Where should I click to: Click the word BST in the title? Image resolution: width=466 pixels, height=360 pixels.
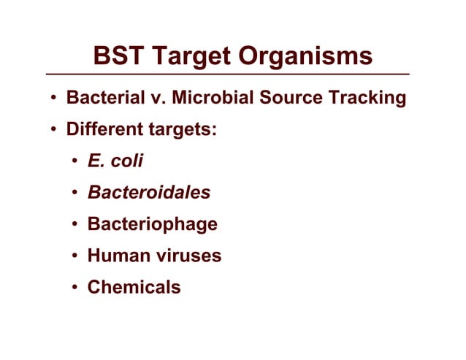pyautogui.click(x=121, y=56)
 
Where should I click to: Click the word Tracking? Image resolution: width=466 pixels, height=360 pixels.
pyautogui.click(x=370, y=98)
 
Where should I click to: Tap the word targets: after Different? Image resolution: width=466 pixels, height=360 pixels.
pyautogui.click(x=183, y=131)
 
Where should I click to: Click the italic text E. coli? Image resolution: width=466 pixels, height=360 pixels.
pyautogui.click(x=115, y=161)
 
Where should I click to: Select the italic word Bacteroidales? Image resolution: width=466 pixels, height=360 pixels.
pyautogui.click(x=149, y=193)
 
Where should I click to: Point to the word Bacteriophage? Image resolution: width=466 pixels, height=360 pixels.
pyautogui.click(x=153, y=224)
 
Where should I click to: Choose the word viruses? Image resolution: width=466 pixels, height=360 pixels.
pyautogui.click(x=186, y=256)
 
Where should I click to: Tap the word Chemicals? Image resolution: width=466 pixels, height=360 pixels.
pyautogui.click(x=134, y=287)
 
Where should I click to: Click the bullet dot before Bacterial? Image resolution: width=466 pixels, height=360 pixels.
pyautogui.click(x=54, y=99)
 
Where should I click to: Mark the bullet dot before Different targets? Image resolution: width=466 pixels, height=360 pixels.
pyautogui.click(x=54, y=131)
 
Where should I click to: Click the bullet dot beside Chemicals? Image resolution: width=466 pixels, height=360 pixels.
pyautogui.click(x=75, y=288)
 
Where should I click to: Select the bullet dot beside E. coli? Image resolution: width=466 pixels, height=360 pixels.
pyautogui.click(x=75, y=162)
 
